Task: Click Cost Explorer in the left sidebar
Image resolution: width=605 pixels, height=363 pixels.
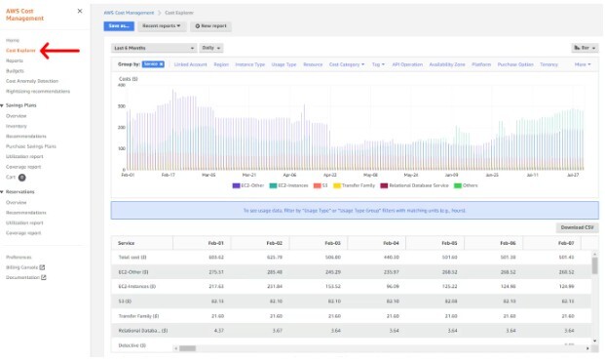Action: (19, 50)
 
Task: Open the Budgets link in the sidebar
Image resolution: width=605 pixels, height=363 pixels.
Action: (15, 70)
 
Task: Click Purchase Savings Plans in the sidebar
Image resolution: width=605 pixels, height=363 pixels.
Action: (31, 145)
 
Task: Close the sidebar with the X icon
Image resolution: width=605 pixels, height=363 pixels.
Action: (79, 12)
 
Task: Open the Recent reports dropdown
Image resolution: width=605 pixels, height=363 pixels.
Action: (162, 26)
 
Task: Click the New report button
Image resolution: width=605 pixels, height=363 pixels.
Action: (209, 26)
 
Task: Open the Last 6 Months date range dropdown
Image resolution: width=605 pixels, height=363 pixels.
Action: (154, 47)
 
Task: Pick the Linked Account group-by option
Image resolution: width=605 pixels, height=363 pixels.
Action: (190, 64)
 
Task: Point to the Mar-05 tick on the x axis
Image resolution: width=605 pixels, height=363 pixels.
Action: (208, 176)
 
